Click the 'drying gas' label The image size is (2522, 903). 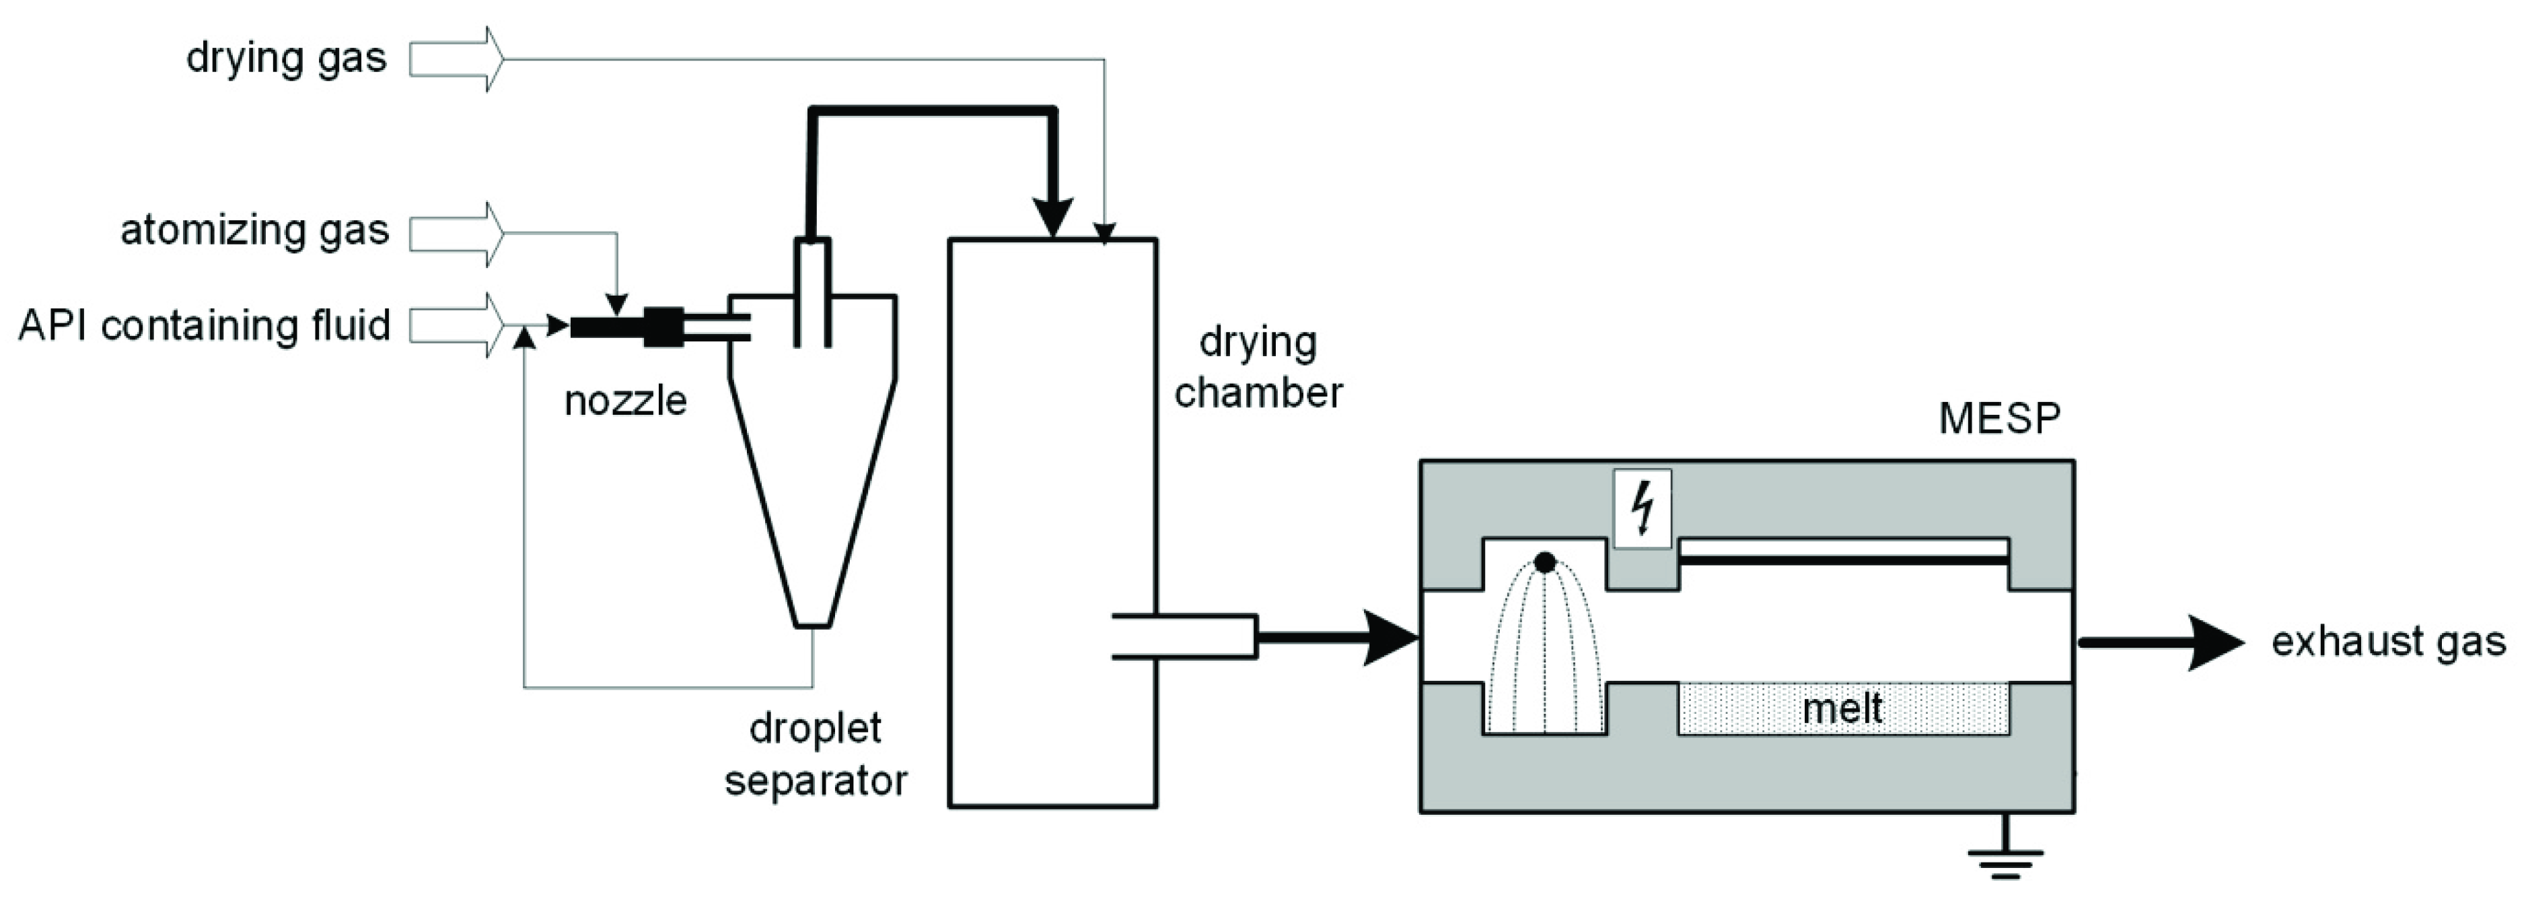pyautogui.click(x=286, y=59)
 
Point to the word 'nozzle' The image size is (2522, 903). pyautogui.click(x=624, y=401)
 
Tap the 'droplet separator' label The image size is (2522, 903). pyautogui.click(x=815, y=754)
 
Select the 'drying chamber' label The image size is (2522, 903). pyautogui.click(x=1258, y=367)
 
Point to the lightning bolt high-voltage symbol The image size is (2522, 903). pyautogui.click(x=1642, y=508)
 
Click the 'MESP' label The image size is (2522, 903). pyautogui.click(x=1999, y=418)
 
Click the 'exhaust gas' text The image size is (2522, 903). pyautogui.click(x=2387, y=642)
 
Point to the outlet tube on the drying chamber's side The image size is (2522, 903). pyautogui.click(x=1185, y=636)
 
